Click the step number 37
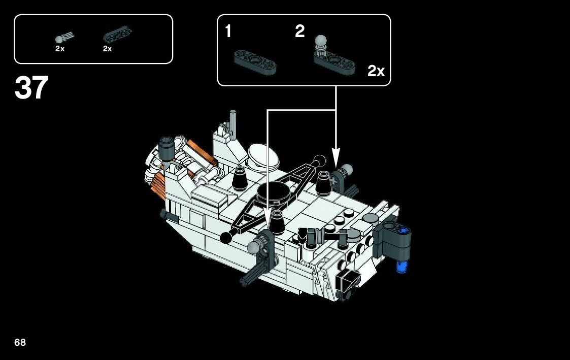[x=31, y=88]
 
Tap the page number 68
[x=20, y=342]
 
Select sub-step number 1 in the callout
[x=228, y=32]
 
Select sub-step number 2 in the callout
[x=300, y=32]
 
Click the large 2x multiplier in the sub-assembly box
[x=376, y=71]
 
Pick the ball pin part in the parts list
[x=63, y=38]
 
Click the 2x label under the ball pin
[x=60, y=49]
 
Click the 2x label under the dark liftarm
[x=107, y=49]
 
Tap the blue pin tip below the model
[x=402, y=266]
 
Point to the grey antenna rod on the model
[x=232, y=120]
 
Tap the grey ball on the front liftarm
[x=253, y=248]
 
